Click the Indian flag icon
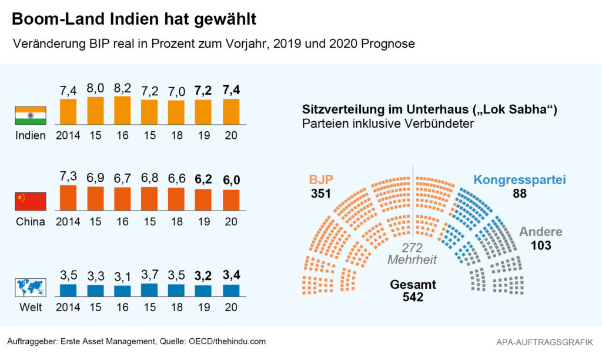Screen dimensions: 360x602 [x=30, y=115]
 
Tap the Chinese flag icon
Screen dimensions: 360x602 [x=30, y=202]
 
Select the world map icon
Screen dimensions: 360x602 [x=30, y=288]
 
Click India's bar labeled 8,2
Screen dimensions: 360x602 [x=122, y=110]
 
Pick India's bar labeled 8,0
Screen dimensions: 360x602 [x=95, y=110]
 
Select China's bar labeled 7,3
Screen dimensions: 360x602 [x=68, y=198]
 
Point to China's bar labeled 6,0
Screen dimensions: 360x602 [x=231, y=200]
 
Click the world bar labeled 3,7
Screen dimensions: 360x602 [x=150, y=289]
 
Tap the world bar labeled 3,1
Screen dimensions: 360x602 [x=122, y=290]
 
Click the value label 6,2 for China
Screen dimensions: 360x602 [x=204, y=178]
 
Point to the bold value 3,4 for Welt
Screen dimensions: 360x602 [x=231, y=274]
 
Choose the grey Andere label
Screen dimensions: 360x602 [x=540, y=232]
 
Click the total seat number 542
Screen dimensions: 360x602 [x=413, y=298]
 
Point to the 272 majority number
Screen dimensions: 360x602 [x=413, y=248]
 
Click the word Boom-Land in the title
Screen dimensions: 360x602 [x=56, y=19]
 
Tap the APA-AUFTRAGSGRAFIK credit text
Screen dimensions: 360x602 [x=545, y=342]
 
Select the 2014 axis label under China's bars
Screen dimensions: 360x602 [x=68, y=222]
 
